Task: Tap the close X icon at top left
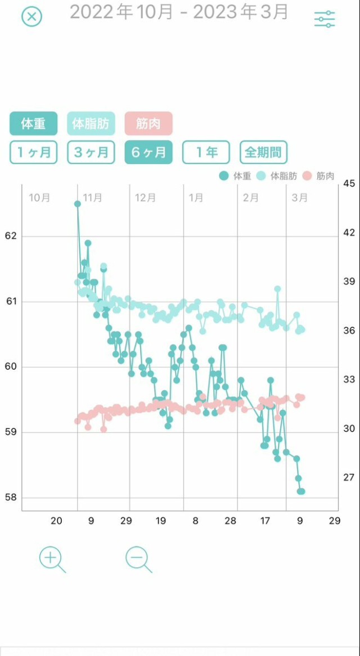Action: [x=32, y=17]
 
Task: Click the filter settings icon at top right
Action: [x=325, y=19]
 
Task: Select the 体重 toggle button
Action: [x=33, y=124]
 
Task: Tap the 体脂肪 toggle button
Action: [x=91, y=124]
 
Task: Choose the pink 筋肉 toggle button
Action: [x=148, y=124]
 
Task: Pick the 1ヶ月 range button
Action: [x=33, y=152]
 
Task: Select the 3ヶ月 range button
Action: [x=91, y=152]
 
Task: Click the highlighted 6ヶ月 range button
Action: [x=148, y=152]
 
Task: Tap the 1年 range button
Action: [x=206, y=152]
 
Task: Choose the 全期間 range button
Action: [x=264, y=152]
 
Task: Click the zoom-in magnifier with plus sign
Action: [x=51, y=559]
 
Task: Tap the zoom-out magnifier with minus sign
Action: [x=137, y=559]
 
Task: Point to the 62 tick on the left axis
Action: [x=11, y=236]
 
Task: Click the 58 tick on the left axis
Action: [x=11, y=498]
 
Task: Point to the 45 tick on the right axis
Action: [x=349, y=184]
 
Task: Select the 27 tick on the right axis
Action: [x=349, y=477]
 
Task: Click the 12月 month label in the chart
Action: [x=146, y=198]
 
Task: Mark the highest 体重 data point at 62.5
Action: [x=78, y=203]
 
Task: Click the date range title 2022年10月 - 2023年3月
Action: [x=179, y=12]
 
